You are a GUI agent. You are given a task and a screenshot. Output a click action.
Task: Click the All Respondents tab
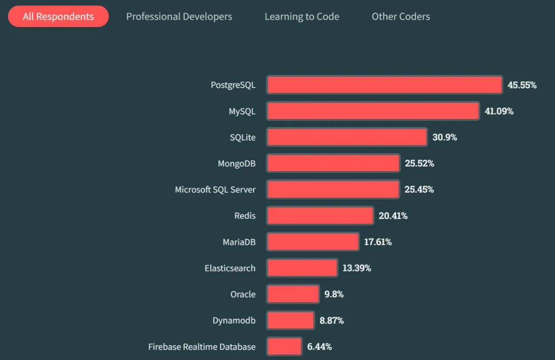click(x=58, y=17)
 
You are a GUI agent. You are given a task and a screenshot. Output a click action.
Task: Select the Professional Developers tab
click(x=179, y=17)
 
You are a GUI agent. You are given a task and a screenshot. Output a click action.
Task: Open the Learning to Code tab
click(x=302, y=17)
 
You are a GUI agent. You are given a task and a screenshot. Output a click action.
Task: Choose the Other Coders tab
click(x=400, y=17)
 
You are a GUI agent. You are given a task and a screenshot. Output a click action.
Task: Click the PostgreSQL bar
click(x=384, y=85)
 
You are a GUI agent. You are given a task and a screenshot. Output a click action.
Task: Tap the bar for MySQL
click(x=373, y=111)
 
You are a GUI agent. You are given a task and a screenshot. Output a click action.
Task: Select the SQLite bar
click(x=347, y=137)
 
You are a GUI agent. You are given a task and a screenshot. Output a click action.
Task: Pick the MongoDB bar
click(x=333, y=163)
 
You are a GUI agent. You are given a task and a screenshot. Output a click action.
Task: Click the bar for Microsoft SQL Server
click(x=333, y=189)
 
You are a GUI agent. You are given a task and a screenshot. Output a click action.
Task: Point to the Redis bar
click(x=320, y=216)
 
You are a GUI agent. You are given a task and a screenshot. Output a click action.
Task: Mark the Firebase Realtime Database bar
click(x=284, y=347)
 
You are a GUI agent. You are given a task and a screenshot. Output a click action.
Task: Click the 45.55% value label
click(x=522, y=85)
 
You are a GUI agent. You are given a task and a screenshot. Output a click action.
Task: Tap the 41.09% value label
click(x=499, y=111)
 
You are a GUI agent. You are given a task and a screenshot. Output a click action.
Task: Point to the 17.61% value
click(x=378, y=242)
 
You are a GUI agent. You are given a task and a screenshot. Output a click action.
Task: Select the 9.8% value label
click(x=334, y=294)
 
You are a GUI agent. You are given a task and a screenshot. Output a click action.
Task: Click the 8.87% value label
click(x=332, y=320)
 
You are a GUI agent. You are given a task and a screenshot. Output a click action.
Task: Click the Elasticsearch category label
click(x=230, y=268)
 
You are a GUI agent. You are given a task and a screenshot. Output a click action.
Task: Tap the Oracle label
click(x=243, y=294)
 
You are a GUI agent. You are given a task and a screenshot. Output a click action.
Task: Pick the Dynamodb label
click(x=234, y=320)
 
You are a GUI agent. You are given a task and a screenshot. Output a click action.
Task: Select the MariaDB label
click(x=239, y=242)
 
